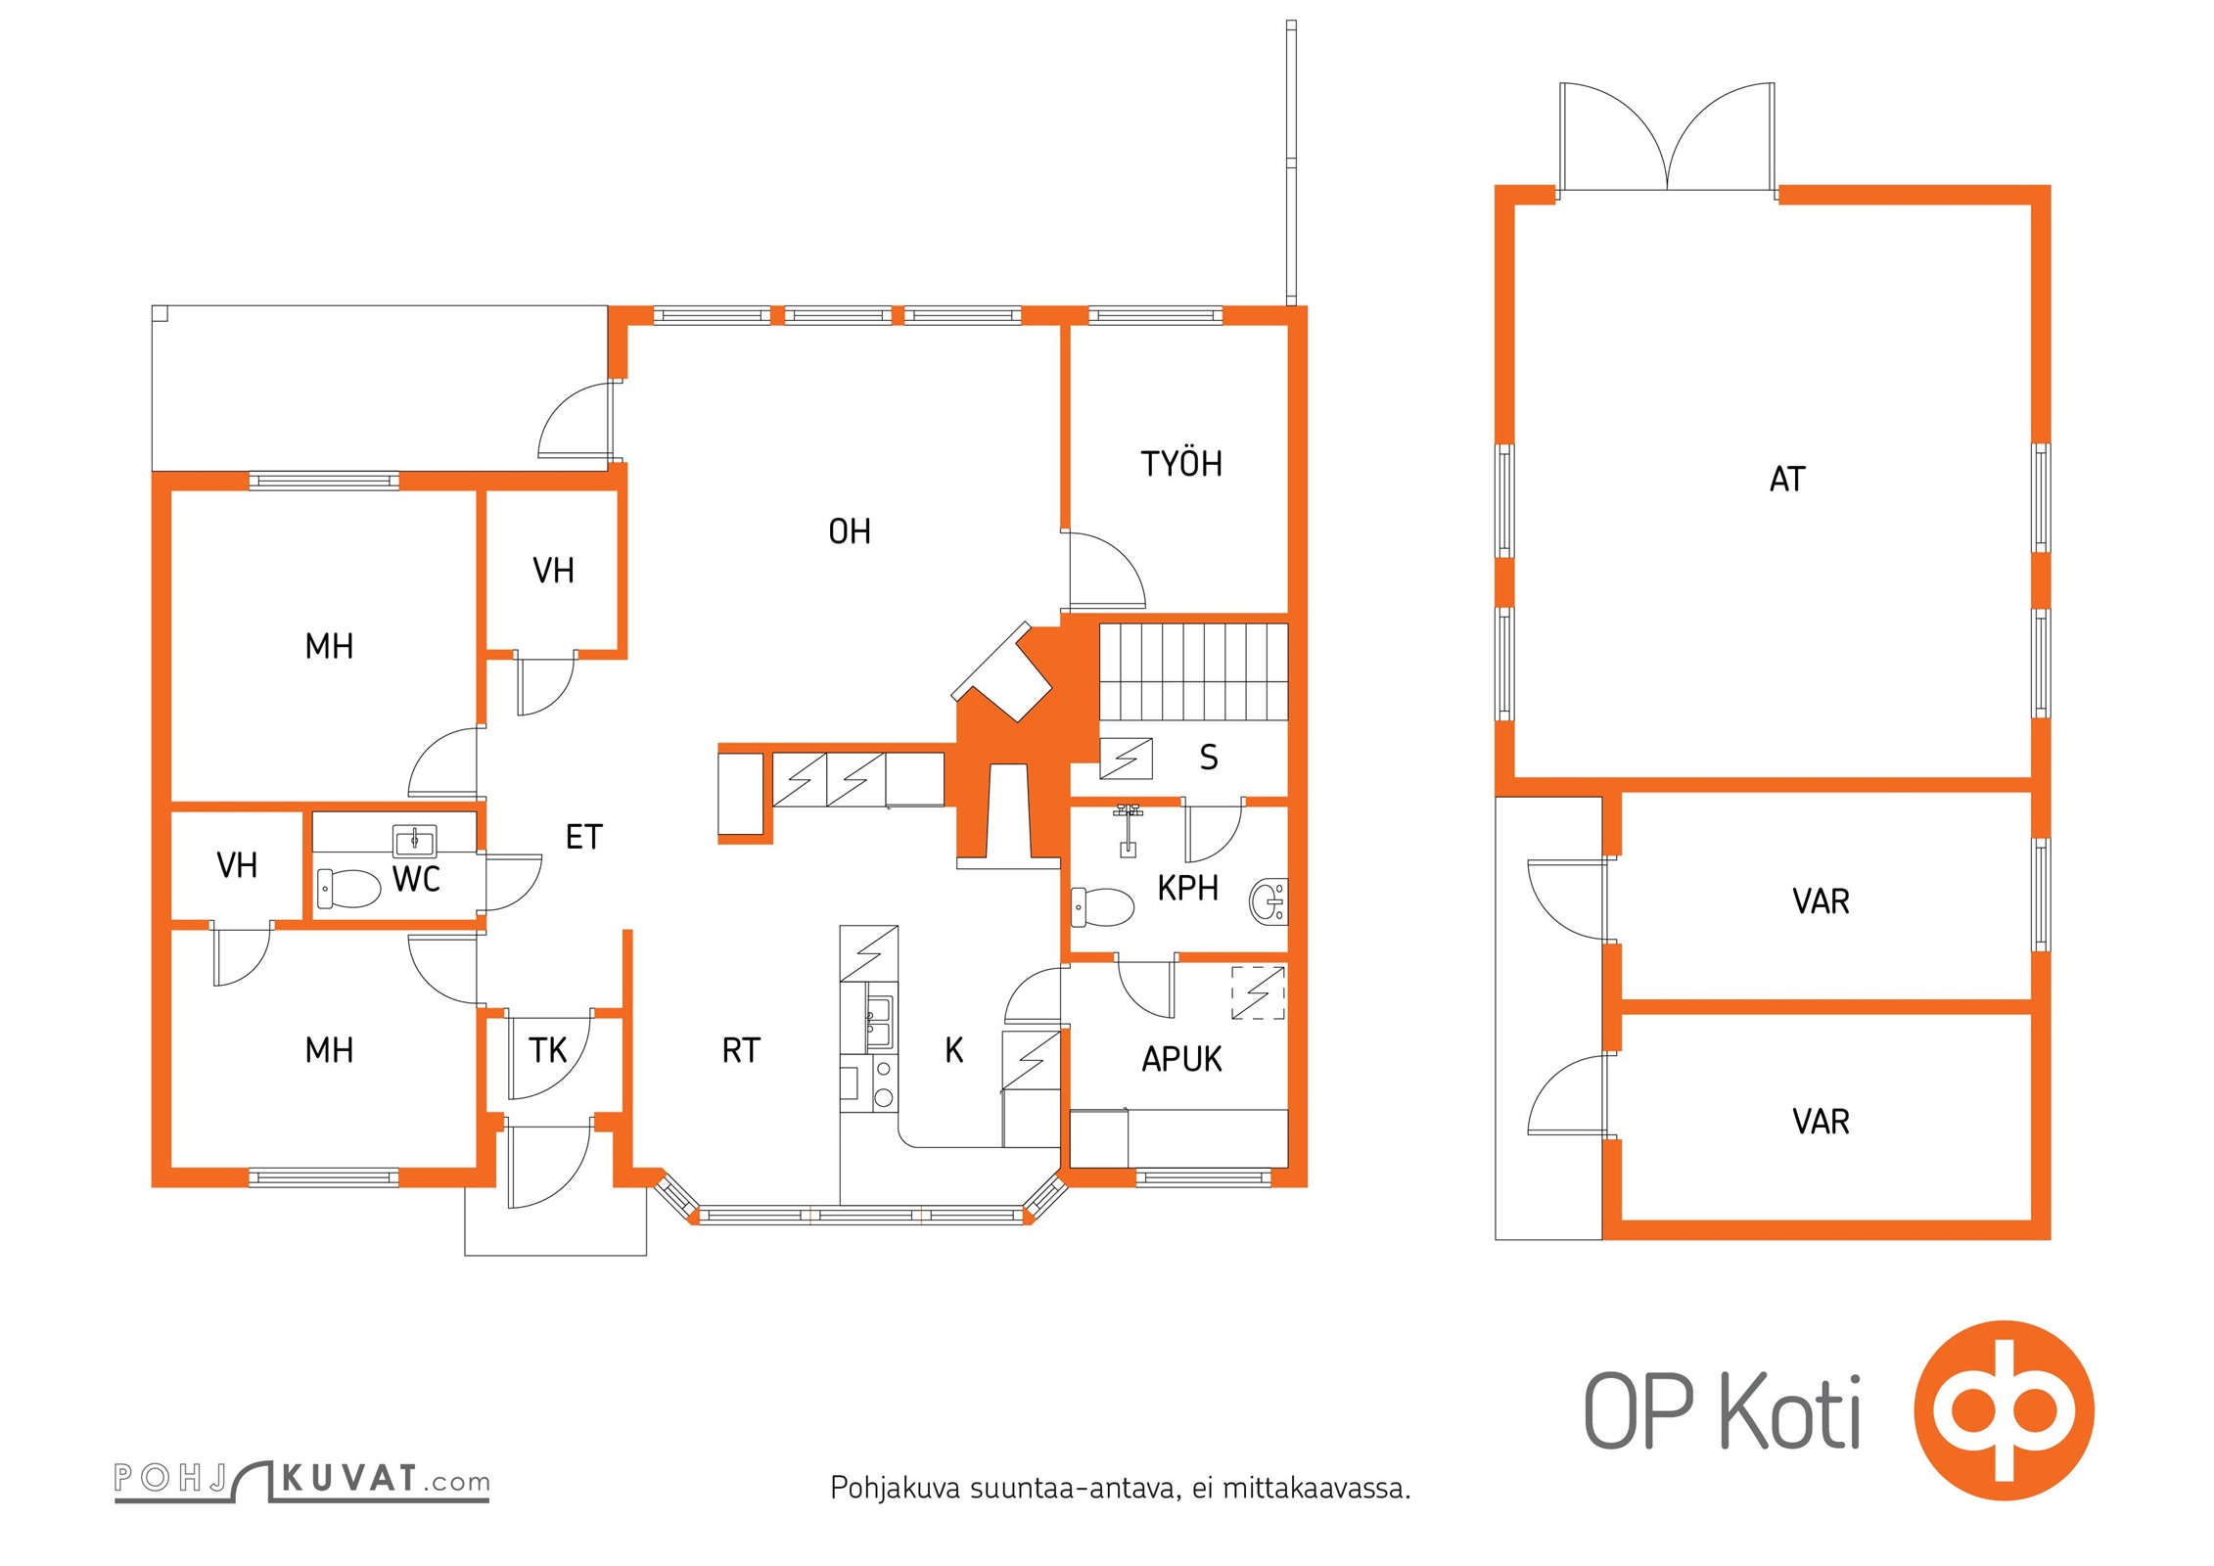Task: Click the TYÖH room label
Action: (x=1181, y=463)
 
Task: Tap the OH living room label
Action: (x=850, y=531)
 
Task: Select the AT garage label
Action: (x=1787, y=479)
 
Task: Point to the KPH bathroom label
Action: (x=1187, y=888)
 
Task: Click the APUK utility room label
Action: (x=1181, y=1059)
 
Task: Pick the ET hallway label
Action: (x=584, y=837)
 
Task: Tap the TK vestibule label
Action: (x=548, y=1050)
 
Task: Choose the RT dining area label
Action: (x=741, y=1050)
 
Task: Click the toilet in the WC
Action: (x=348, y=889)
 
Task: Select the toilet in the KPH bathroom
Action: (x=1102, y=906)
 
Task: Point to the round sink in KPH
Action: (x=1268, y=901)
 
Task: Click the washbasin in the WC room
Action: (x=415, y=841)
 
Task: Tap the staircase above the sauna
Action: (x=1193, y=671)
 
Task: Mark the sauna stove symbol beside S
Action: (x=1126, y=758)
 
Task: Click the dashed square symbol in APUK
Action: (x=1258, y=993)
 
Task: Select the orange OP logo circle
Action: (x=2004, y=1410)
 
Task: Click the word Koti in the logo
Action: (x=1790, y=1410)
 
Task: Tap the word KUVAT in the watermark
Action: (x=349, y=1478)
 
